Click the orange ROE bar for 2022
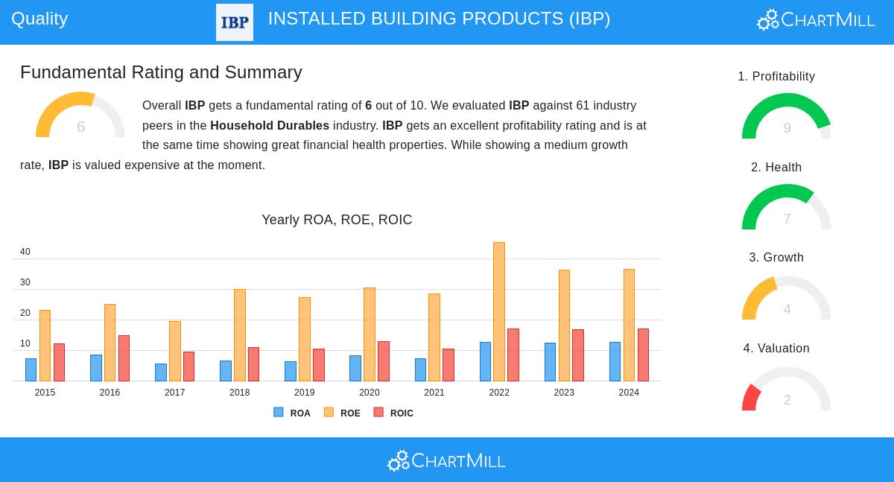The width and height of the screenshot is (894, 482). [x=499, y=312]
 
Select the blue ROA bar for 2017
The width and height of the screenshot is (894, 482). [x=161, y=372]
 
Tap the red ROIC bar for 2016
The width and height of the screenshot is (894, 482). [x=124, y=358]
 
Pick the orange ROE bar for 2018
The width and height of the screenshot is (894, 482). [x=240, y=335]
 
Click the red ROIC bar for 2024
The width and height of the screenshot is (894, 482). [x=643, y=355]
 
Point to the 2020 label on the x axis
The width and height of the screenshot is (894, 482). [x=370, y=393]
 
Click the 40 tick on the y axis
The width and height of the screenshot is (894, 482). [x=25, y=252]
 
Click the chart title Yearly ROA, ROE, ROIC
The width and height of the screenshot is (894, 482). [x=337, y=220]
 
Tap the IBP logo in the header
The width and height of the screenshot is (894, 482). [x=235, y=22]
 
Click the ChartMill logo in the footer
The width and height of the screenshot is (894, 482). [x=446, y=461]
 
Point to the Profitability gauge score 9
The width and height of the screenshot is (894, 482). [x=787, y=128]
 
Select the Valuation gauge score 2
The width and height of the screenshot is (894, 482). [x=787, y=400]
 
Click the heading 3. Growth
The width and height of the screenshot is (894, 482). [x=776, y=258]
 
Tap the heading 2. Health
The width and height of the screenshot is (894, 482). [x=776, y=168]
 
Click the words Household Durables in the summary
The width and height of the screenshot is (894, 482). [x=270, y=126]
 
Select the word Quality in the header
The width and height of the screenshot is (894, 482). [x=39, y=19]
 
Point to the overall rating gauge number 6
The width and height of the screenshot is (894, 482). [x=80, y=127]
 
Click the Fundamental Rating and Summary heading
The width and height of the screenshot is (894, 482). [x=161, y=72]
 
